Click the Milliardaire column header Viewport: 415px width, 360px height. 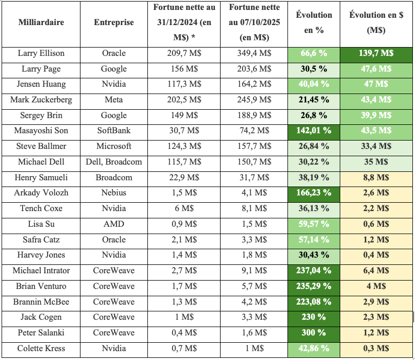(x=41, y=22)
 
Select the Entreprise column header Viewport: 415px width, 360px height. (x=114, y=22)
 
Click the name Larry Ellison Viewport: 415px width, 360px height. (x=41, y=53)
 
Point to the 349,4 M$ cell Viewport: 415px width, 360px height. (x=255, y=53)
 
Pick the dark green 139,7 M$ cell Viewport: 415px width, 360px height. (x=375, y=53)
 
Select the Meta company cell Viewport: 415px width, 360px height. (x=114, y=100)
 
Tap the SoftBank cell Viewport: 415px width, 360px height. (x=114, y=131)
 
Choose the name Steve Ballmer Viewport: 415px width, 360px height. (x=41, y=146)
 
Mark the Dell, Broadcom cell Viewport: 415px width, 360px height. (x=114, y=162)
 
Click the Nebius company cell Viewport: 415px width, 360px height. (x=114, y=193)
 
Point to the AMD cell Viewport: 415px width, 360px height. (x=114, y=224)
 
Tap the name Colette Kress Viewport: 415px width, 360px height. (x=41, y=349)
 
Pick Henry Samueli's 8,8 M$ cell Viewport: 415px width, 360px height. (x=375, y=178)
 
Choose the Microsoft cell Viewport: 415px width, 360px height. (x=114, y=146)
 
